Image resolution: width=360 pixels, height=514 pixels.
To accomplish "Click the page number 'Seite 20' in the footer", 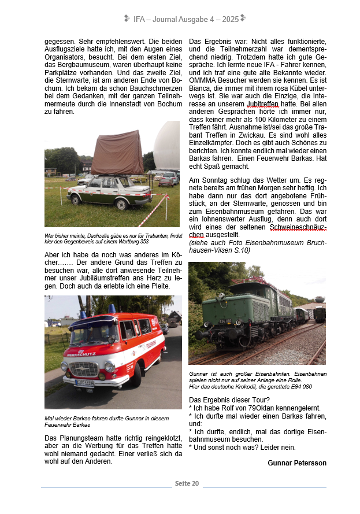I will click(x=187, y=483).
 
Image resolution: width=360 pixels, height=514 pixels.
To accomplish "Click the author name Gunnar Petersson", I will click(x=297, y=463).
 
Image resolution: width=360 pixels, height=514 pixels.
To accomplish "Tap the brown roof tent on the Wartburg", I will click(x=117, y=153).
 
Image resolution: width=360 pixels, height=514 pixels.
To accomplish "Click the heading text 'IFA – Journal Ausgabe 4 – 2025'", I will click(x=185, y=19).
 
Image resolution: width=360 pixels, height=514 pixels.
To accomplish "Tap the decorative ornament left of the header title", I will click(x=127, y=19).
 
